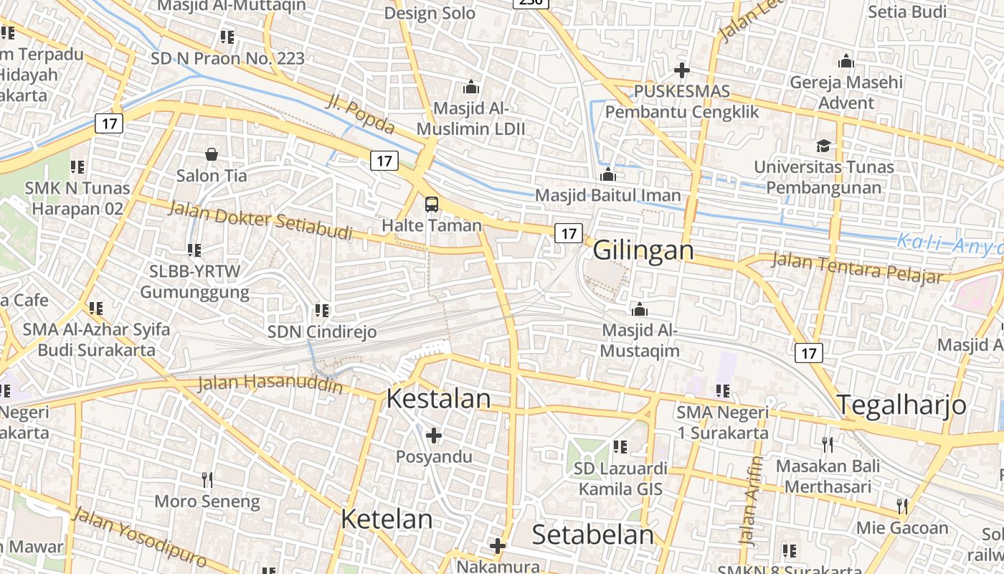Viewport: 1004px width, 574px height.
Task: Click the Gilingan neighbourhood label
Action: click(x=643, y=250)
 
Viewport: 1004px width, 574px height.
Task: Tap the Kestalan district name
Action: click(x=438, y=399)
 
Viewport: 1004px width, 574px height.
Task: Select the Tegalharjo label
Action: click(x=901, y=405)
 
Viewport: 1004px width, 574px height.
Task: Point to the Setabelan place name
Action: click(x=593, y=535)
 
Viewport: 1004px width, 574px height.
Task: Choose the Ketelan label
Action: click(x=387, y=519)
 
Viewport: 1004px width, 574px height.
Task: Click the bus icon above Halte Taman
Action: click(x=431, y=204)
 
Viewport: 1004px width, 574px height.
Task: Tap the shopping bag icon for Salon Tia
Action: click(x=212, y=154)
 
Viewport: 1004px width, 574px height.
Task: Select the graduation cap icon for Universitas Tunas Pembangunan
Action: click(x=823, y=146)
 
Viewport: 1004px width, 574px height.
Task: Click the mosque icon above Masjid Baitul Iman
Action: click(x=608, y=174)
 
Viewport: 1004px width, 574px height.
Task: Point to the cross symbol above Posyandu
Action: click(x=433, y=436)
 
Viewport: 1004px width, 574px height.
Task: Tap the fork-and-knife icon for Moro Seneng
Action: click(x=207, y=480)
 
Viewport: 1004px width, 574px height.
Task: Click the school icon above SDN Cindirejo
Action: click(x=322, y=311)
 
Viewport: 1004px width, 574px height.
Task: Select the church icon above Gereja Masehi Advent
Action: click(x=846, y=61)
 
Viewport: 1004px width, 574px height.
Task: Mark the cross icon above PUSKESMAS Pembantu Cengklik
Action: click(x=681, y=70)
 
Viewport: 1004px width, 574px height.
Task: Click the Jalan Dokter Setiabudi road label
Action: click(x=260, y=220)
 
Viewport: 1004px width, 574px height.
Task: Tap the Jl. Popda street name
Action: click(x=360, y=115)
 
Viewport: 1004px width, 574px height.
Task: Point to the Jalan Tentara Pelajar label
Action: click(x=856, y=268)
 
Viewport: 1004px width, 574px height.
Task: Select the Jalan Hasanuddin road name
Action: click(x=270, y=383)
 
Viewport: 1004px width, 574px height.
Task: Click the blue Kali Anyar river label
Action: click(x=949, y=244)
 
